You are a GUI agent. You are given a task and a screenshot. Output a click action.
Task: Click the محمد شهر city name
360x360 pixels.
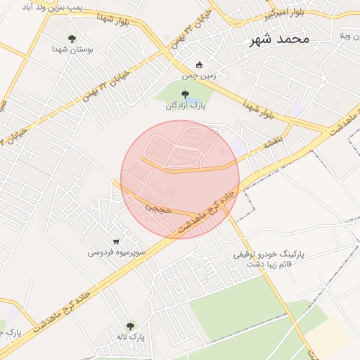tap(279, 39)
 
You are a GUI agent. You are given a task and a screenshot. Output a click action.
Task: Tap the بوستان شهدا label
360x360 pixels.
tap(72, 50)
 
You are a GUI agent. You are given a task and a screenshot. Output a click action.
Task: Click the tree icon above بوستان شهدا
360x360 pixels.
tap(72, 39)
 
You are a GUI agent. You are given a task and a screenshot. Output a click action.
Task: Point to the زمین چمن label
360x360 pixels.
tap(198, 77)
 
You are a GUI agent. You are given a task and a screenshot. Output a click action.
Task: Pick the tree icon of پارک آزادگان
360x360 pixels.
tap(185, 94)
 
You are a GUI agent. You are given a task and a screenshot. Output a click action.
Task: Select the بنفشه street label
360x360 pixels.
tap(273, 140)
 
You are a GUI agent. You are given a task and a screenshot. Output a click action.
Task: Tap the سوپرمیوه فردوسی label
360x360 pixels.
tap(117, 252)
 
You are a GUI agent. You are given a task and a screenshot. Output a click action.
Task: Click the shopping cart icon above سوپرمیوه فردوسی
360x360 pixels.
tap(116, 241)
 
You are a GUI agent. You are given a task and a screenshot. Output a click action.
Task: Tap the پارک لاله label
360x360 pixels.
tap(131, 337)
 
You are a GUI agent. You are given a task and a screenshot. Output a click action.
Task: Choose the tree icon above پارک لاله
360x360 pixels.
tap(130, 326)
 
